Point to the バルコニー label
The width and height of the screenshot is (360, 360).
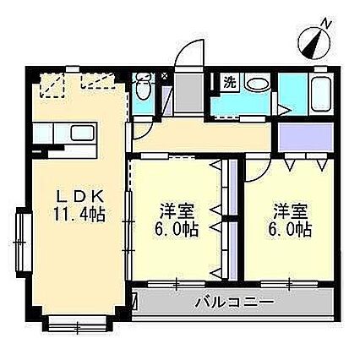tap(234, 302)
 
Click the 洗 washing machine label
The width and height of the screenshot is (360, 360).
tap(229, 83)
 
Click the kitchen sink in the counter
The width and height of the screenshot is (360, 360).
tap(82, 134)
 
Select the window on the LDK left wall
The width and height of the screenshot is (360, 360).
tap(24, 237)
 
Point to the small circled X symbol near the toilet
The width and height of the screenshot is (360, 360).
tap(162, 74)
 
